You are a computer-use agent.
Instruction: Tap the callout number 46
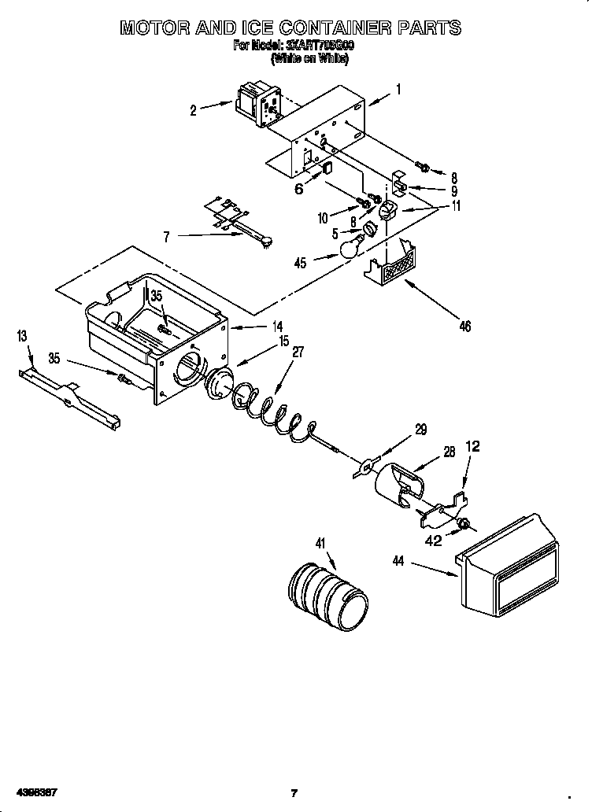(464, 326)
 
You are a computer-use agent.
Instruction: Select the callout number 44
(399, 560)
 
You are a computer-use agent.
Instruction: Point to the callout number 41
(320, 542)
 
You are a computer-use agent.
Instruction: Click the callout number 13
(21, 336)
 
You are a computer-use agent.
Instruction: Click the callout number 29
(421, 429)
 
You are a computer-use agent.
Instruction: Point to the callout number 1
(398, 90)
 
